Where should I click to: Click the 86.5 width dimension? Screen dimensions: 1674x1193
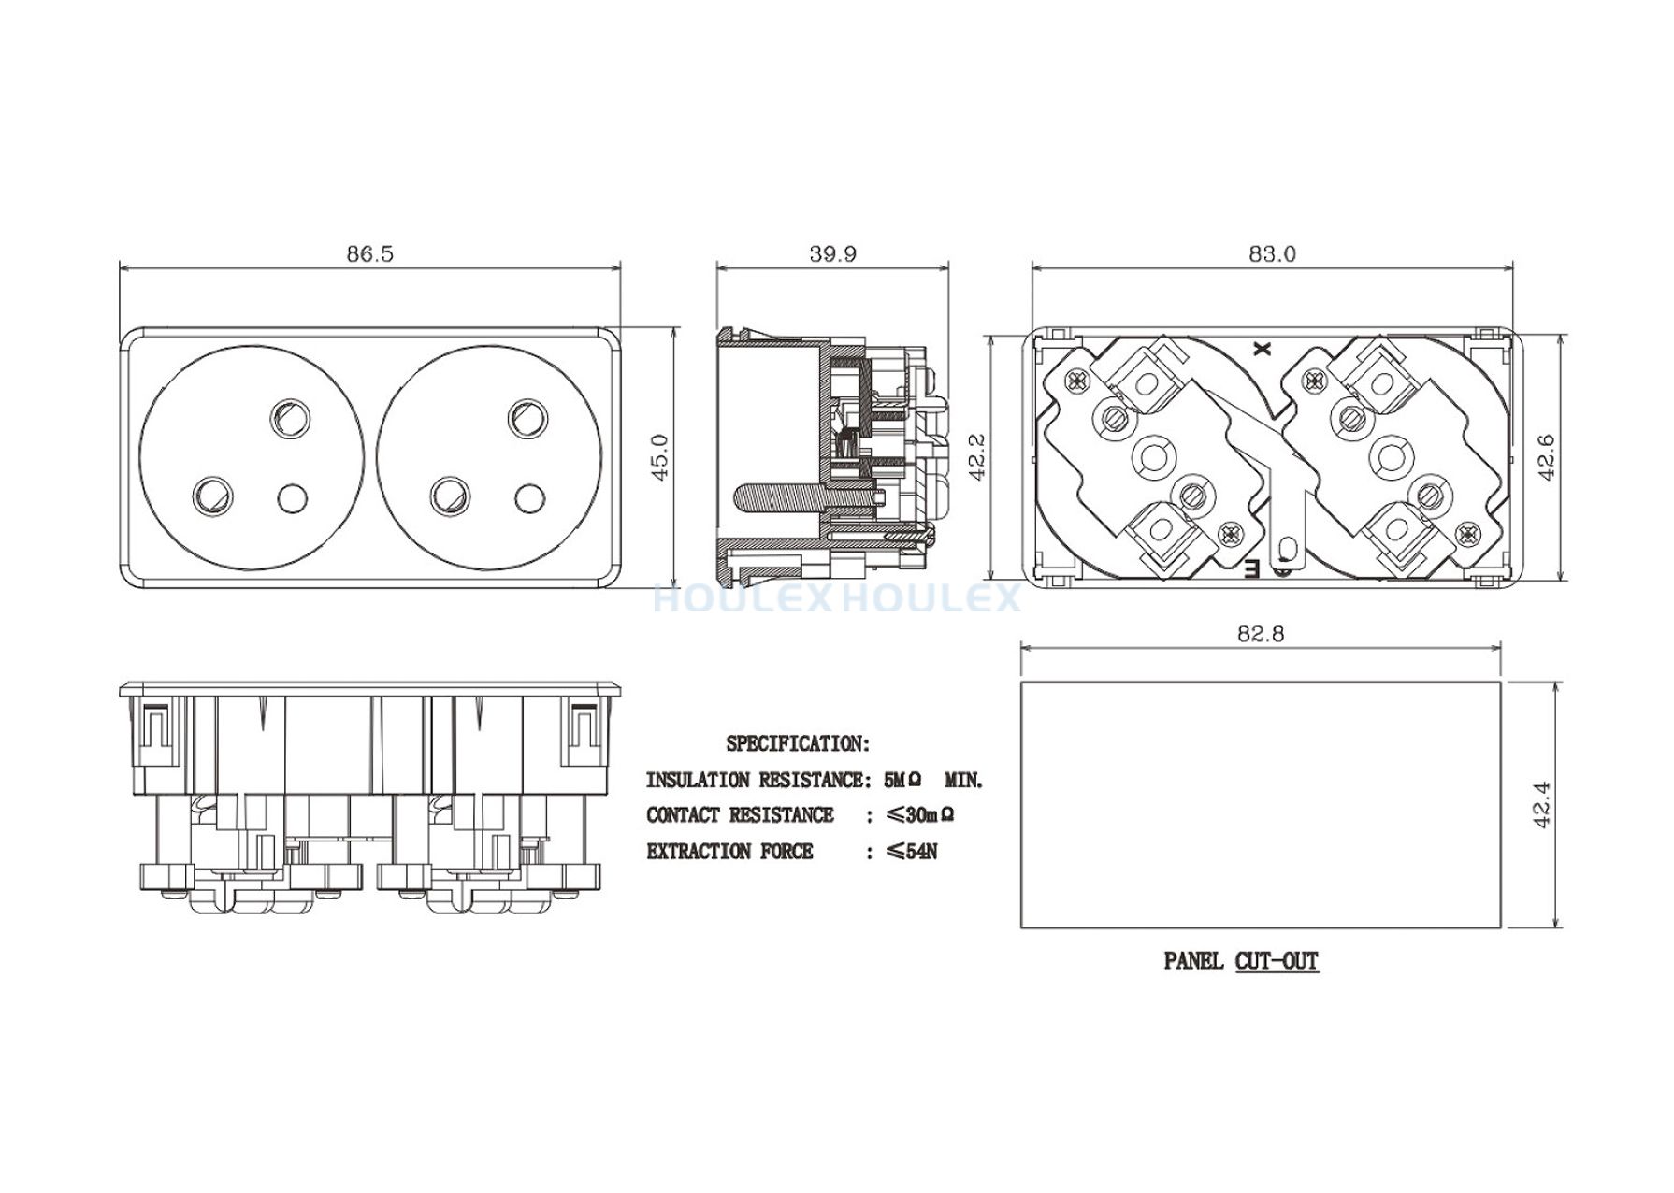tap(370, 253)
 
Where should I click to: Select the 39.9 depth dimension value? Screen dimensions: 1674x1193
tap(833, 253)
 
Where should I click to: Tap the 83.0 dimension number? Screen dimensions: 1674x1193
tap(1273, 253)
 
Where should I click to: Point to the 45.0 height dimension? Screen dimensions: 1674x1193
tap(660, 457)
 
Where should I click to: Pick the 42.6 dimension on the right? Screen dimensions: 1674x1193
tap(1546, 457)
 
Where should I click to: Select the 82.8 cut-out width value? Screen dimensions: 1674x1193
tap(1261, 634)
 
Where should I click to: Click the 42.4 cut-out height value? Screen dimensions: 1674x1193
tap(1542, 804)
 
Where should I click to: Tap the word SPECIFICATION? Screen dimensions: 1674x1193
tap(798, 744)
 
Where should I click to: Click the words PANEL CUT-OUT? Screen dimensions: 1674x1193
tap(1241, 960)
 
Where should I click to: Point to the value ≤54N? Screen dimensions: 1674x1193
tap(911, 852)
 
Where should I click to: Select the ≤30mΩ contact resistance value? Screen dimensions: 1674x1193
tap(920, 815)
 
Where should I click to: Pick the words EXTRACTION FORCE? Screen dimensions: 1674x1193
tap(729, 852)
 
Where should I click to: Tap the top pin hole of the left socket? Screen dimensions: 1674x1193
tap(289, 419)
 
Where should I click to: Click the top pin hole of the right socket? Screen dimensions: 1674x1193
tap(527, 418)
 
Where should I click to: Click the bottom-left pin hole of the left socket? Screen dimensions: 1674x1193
tap(211, 496)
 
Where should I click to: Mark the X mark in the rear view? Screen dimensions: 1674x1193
tap(1263, 349)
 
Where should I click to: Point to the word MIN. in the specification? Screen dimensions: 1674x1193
tap(964, 780)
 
